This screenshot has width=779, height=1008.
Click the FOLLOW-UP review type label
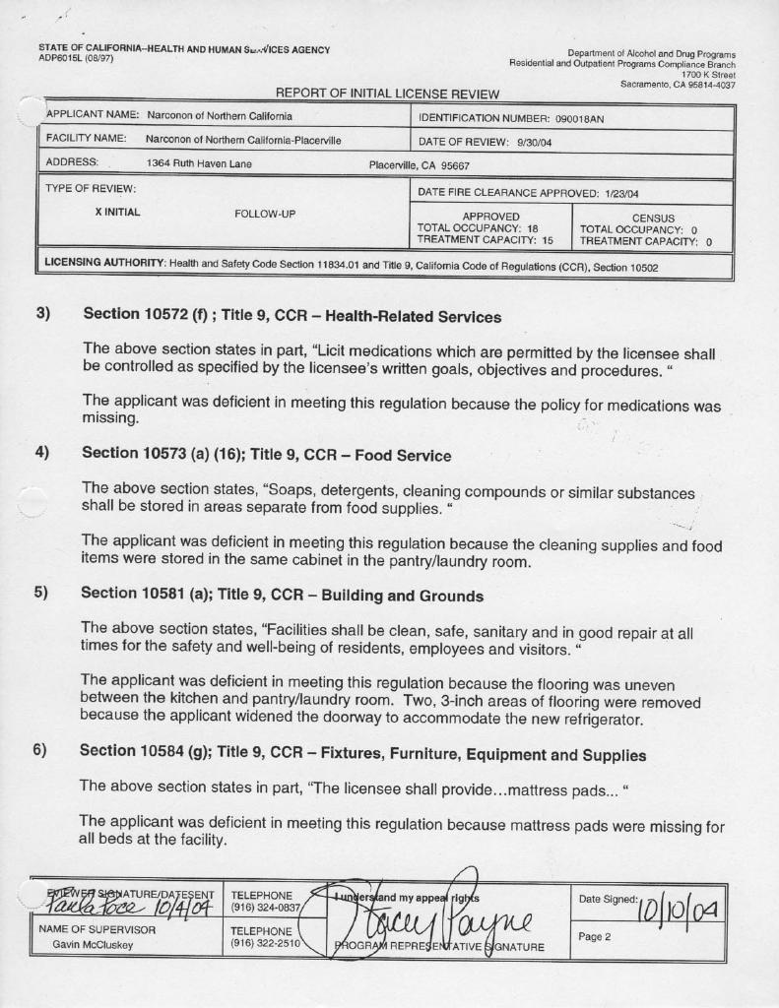[265, 213]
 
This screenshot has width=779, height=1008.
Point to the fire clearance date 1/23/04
[621, 194]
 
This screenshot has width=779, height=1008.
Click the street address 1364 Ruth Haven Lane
[199, 163]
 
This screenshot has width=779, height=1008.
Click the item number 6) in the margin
[39, 750]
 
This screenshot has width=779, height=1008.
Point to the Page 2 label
[595, 936]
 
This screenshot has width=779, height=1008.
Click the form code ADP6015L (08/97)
[76, 59]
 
